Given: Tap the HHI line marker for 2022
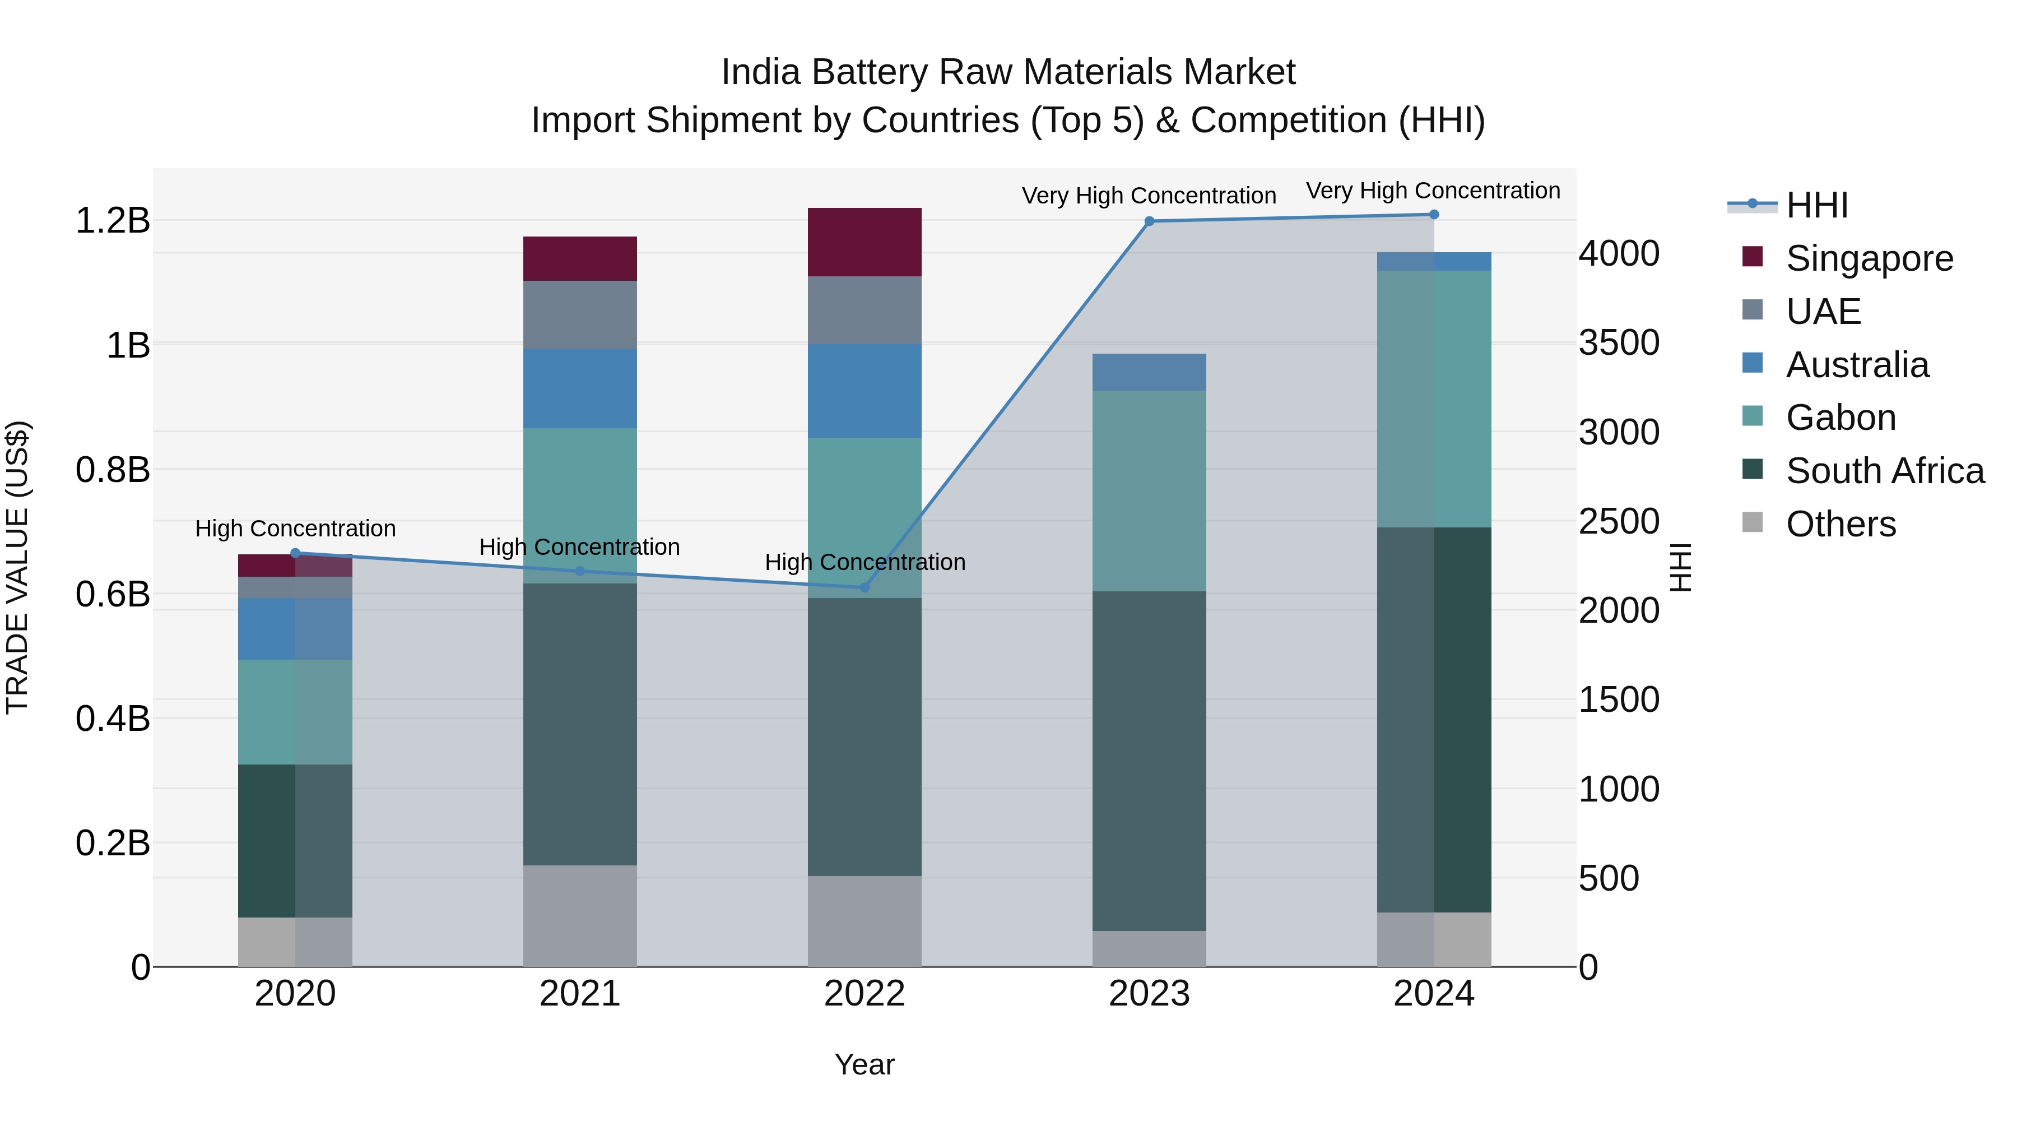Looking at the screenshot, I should (865, 587).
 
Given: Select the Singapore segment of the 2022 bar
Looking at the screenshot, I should (865, 242).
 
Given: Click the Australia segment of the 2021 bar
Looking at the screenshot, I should (579, 388).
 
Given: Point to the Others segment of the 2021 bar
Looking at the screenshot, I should (579, 916).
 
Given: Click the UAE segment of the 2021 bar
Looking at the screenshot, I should (579, 315).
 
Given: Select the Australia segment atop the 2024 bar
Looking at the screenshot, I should (1434, 262).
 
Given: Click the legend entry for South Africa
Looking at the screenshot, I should (1885, 471).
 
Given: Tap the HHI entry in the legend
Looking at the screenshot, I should (1816, 205).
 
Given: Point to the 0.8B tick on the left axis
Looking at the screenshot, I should (113, 470).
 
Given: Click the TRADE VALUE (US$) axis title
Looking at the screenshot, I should (17, 567).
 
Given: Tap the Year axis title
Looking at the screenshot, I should (865, 1064).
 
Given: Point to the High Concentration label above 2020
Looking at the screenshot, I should (295, 529).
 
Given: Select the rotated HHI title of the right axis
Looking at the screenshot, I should (1680, 567).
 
